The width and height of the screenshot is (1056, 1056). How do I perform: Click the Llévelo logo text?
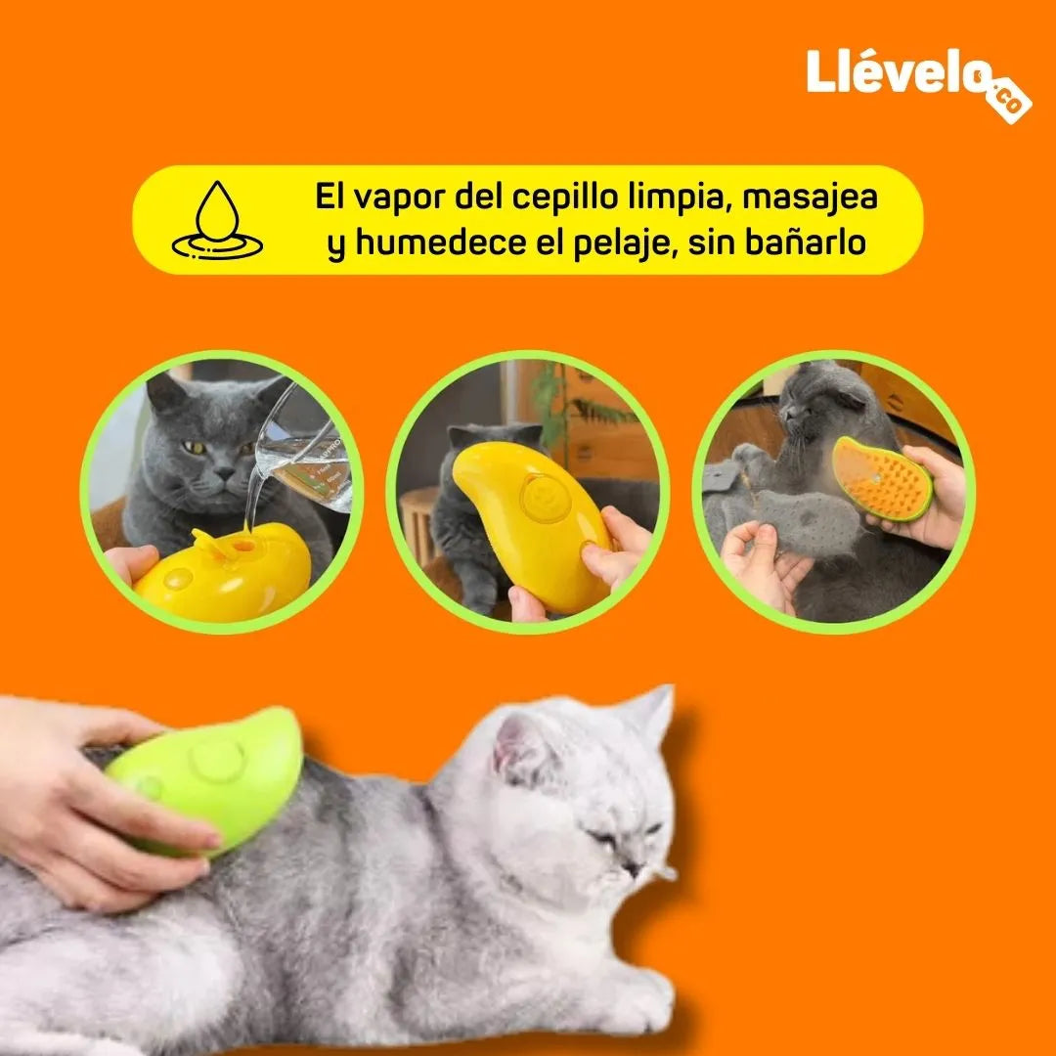coord(897,71)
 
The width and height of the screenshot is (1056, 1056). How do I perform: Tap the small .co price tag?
coord(1007,101)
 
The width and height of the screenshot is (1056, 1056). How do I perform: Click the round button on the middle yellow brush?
coord(545,499)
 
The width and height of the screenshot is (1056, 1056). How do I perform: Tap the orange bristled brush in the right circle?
coord(882,478)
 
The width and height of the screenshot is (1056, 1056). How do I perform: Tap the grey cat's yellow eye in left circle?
coord(194,447)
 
